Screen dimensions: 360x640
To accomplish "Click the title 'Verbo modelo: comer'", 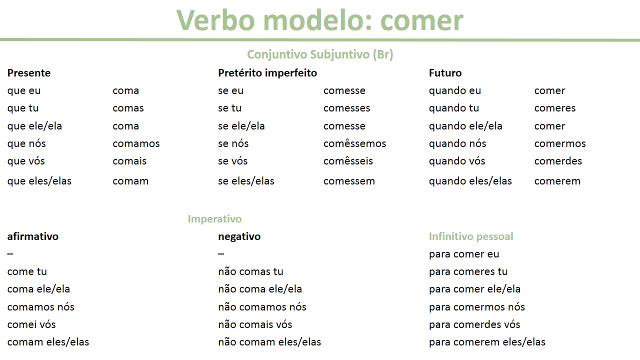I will [320, 20].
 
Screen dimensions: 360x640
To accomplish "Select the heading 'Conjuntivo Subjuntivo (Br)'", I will [320, 54].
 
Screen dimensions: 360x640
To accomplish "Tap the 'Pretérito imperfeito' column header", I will [267, 73].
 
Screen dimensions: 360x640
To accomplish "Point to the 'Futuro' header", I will [445, 73].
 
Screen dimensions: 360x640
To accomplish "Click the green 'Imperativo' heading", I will [214, 219].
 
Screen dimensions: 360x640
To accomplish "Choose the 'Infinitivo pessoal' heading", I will [471, 236].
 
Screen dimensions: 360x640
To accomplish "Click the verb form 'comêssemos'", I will [354, 143].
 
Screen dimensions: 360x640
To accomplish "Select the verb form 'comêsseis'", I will [348, 161].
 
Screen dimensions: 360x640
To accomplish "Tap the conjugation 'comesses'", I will [346, 108].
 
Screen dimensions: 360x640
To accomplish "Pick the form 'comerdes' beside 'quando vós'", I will [558, 161].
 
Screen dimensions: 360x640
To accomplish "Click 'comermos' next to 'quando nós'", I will [560, 143].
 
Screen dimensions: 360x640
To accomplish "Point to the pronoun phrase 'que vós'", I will [26, 161].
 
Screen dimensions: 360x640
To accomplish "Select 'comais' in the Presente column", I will [129, 161].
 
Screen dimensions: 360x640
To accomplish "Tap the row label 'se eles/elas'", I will [246, 181].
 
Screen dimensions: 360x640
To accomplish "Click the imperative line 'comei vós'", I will [31, 324].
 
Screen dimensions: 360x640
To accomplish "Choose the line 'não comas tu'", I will [250, 271].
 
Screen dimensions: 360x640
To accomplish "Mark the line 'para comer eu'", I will [464, 254].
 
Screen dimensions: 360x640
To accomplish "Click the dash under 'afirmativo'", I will [10, 254].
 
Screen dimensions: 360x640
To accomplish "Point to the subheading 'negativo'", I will [239, 236].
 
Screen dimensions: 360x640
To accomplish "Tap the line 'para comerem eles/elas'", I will [487, 342].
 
